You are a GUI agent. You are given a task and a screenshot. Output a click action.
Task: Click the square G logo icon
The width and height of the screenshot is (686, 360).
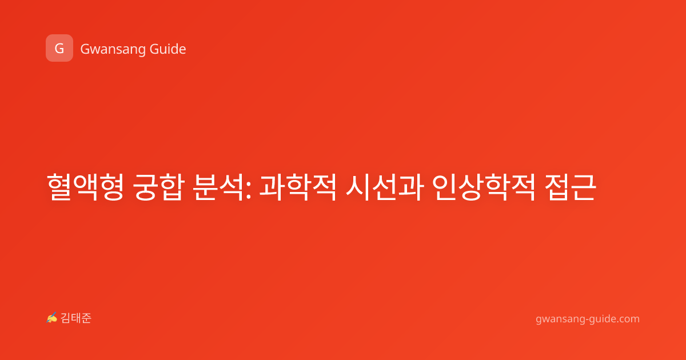59,48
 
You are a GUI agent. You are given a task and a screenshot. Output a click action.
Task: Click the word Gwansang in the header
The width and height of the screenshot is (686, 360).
113,50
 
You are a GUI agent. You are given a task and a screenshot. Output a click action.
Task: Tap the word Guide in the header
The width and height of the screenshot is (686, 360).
168,49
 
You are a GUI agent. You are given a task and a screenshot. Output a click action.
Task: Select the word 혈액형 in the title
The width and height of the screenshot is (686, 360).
85,187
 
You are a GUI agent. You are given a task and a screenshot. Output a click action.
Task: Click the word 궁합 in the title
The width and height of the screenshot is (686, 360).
159,187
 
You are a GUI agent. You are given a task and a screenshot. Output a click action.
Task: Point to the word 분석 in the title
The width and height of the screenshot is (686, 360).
218,187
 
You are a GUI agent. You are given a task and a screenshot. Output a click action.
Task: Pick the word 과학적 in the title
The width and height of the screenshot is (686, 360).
298,187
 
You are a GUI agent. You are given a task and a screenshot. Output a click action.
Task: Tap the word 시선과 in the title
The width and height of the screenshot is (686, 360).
385,187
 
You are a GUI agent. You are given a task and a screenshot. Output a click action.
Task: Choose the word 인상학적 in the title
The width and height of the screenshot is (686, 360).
484,187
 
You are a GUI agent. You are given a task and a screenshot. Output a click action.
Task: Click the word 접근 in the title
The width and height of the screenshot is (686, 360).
571,187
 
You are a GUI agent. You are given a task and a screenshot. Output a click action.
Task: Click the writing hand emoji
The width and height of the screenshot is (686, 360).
52,318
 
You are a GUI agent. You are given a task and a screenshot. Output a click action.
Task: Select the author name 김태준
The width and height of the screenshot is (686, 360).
76,318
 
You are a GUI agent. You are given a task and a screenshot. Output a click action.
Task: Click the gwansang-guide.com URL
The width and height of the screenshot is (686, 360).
588,319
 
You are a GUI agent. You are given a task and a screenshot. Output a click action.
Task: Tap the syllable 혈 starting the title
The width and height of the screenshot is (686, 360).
59,187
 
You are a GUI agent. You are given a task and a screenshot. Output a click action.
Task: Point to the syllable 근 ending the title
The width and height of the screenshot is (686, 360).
584,187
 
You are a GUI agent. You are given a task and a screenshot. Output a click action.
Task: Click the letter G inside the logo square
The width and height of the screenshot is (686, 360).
59,49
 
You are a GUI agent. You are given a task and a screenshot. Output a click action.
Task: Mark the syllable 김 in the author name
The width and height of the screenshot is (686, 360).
66,318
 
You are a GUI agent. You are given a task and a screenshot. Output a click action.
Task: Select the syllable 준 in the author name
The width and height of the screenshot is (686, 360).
87,318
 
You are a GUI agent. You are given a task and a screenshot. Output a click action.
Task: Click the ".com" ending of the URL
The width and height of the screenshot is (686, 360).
628,319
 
